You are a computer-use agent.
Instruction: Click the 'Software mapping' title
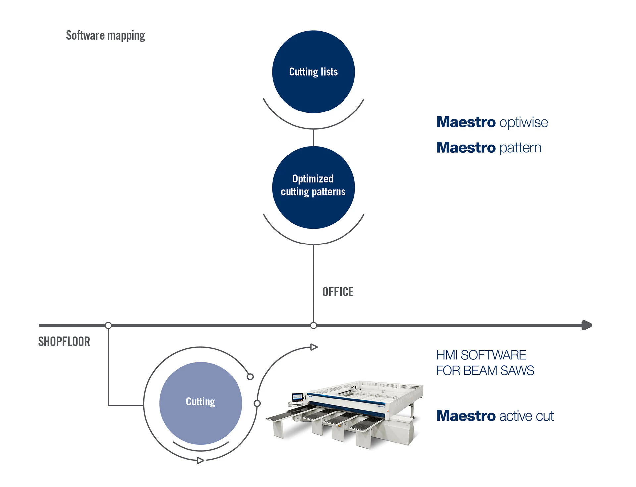[105, 35]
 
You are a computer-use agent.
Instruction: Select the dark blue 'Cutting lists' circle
[313, 72]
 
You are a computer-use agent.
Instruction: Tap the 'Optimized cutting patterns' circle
[313, 187]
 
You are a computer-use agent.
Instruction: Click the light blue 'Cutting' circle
[200, 403]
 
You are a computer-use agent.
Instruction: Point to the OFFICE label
[338, 292]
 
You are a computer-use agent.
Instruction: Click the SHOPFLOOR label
[64, 342]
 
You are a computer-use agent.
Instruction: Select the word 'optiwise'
[523, 122]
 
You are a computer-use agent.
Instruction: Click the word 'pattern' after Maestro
[520, 148]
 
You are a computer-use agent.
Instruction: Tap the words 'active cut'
[526, 416]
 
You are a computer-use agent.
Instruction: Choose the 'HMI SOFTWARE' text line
[481, 355]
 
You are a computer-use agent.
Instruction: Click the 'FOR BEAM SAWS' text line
[485, 371]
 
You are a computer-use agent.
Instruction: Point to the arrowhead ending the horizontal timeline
[587, 325]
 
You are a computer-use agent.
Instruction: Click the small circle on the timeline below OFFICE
[313, 326]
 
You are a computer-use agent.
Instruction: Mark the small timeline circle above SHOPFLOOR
[108, 325]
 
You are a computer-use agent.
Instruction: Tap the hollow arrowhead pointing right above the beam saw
[314, 347]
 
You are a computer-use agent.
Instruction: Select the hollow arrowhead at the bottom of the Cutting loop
[200, 460]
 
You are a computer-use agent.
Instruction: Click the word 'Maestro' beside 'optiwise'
[466, 122]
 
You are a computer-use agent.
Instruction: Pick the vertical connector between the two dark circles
[313, 138]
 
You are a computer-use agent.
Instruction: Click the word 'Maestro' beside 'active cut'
[466, 416]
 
